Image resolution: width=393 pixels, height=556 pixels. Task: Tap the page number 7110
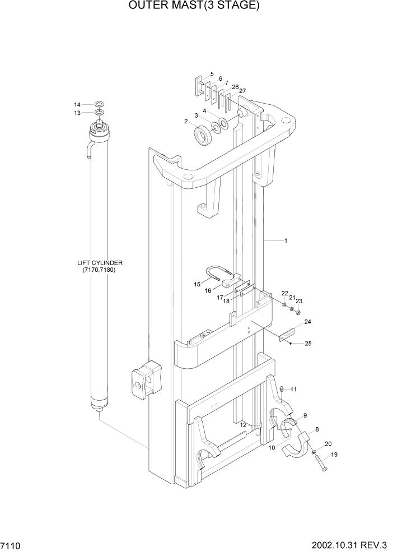click(12, 545)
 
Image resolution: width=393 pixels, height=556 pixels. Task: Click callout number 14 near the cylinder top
click(77, 105)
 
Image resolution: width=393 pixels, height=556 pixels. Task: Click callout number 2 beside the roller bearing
click(185, 121)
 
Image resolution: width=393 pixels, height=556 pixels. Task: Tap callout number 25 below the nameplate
click(308, 343)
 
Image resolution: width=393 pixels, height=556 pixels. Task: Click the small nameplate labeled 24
click(287, 335)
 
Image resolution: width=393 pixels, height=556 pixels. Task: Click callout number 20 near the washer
click(327, 443)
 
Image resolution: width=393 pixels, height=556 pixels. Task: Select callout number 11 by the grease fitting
click(293, 389)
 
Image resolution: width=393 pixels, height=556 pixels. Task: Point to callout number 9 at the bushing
click(305, 415)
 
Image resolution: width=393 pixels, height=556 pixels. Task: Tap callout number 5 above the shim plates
click(211, 73)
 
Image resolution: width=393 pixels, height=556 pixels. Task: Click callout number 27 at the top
click(242, 90)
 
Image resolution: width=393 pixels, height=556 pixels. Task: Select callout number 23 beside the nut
click(299, 301)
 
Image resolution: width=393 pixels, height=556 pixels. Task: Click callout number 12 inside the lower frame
click(242, 425)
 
